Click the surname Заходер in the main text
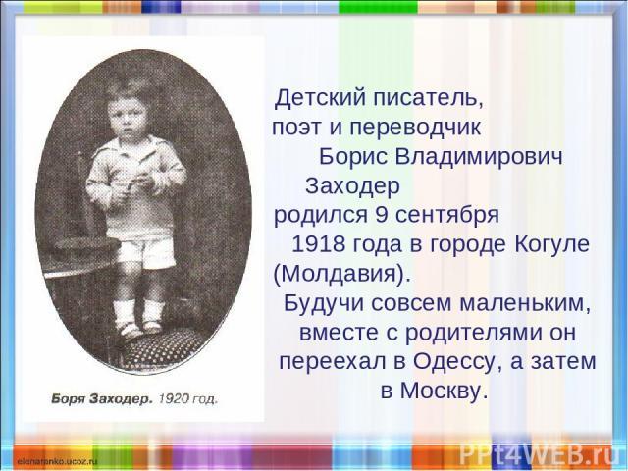tap(352, 185)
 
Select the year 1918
tap(319, 244)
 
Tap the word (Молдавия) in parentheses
tap(342, 274)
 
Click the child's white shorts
tap(146, 252)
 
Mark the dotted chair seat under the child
tap(164, 351)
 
